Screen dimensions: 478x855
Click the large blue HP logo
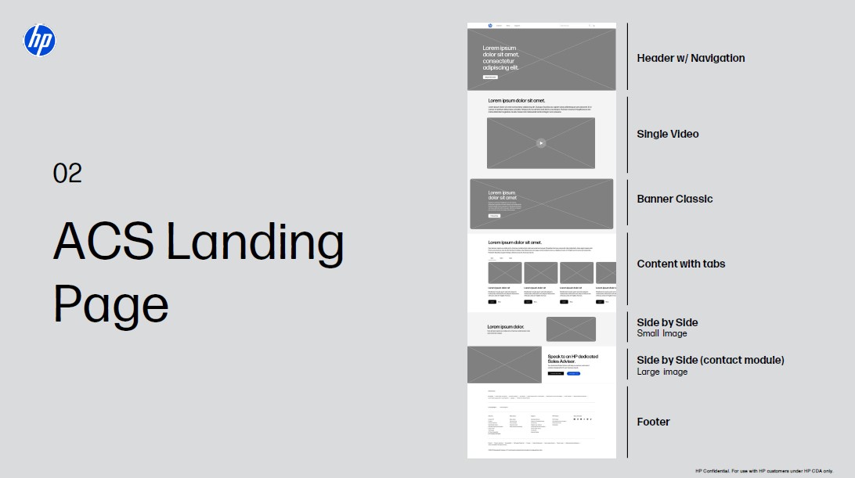pos(40,40)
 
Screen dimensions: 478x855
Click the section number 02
pos(67,173)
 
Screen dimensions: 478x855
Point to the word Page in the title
pos(111,305)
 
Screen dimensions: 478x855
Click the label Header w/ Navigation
pos(691,58)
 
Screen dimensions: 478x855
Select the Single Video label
pos(668,134)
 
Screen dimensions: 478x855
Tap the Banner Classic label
pos(675,199)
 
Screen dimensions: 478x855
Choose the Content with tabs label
pos(681,264)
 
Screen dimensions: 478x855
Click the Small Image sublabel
pos(662,333)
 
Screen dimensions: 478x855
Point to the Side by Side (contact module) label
pos(710,360)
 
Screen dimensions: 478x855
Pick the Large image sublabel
pos(662,372)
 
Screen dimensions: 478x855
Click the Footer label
pos(653,422)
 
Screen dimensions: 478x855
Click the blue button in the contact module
pos(573,374)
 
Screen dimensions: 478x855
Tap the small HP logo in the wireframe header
pos(490,26)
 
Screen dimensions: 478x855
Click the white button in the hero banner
pos(490,77)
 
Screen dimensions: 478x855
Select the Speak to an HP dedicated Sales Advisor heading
pos(573,359)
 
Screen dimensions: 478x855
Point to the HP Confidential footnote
pos(763,471)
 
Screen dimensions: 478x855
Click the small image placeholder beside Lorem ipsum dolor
pos(571,329)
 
